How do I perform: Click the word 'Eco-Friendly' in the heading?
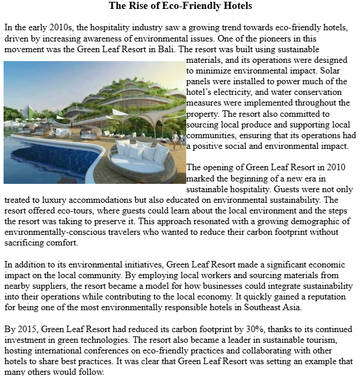click(181, 7)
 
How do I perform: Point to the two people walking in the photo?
click(177, 138)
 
